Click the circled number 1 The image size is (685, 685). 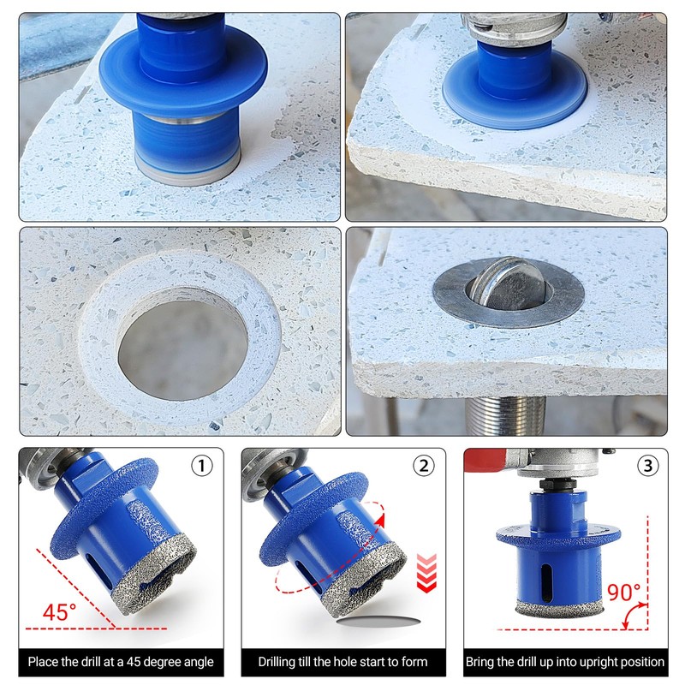click(x=201, y=467)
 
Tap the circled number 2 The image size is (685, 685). click(x=423, y=467)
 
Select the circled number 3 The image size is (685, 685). click(x=646, y=467)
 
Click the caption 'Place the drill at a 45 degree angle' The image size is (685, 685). click(x=121, y=662)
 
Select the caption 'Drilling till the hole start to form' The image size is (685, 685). click(x=342, y=662)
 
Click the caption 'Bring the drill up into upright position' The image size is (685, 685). click(x=565, y=662)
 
